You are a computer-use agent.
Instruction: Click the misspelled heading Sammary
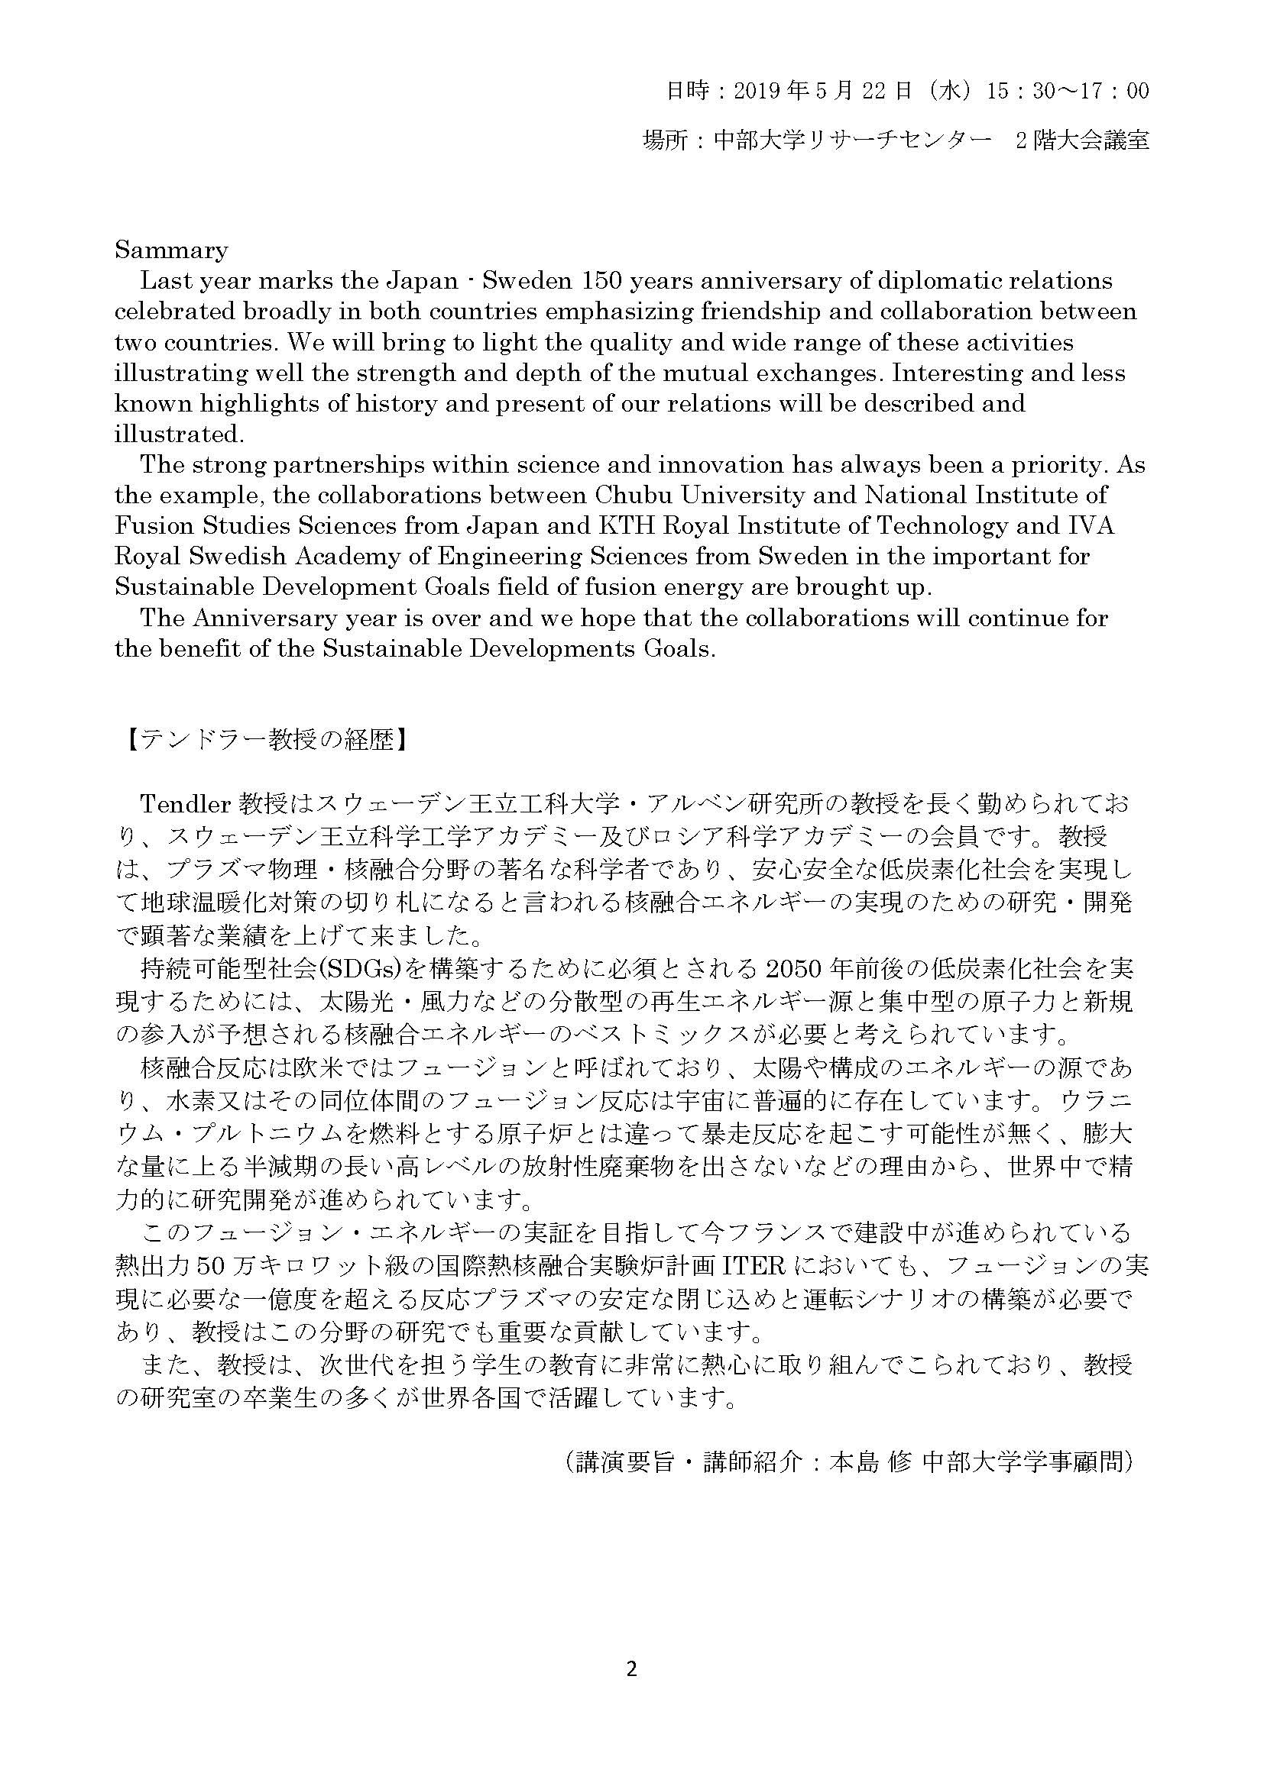tap(170, 250)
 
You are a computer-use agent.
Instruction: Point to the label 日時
tap(687, 92)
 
